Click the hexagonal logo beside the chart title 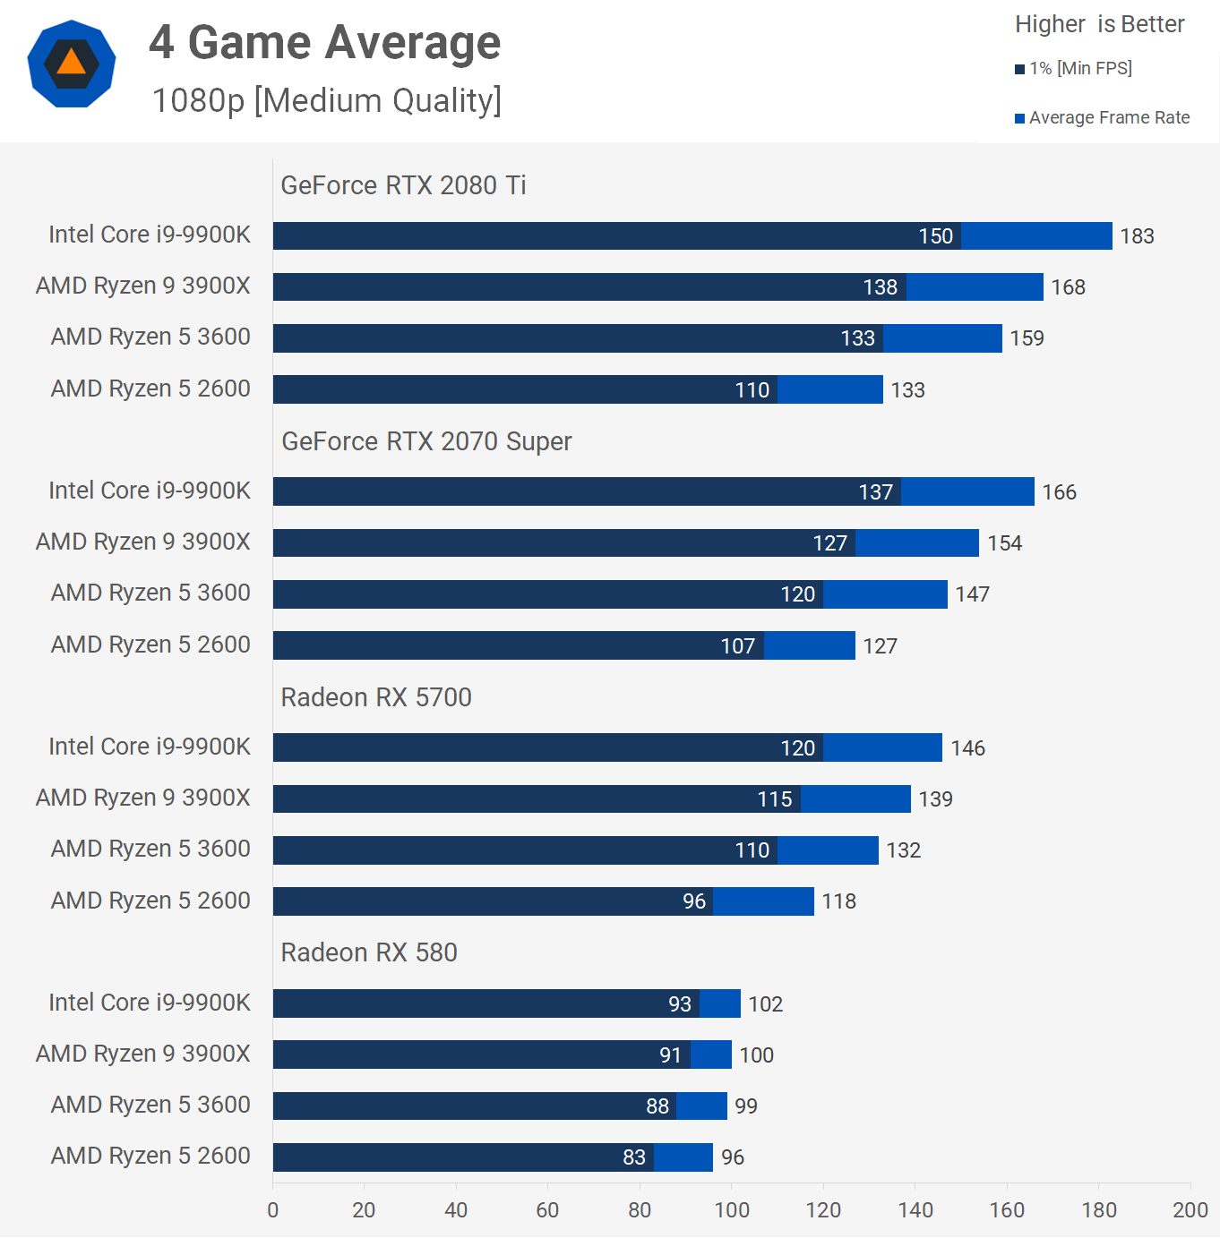(72, 64)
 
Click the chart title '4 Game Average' (324, 42)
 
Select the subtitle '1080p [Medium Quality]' (326, 100)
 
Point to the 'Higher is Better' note (1099, 24)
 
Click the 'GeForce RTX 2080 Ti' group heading (403, 185)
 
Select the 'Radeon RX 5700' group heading (376, 697)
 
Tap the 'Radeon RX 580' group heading (369, 952)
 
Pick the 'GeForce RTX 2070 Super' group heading (426, 441)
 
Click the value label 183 (1137, 236)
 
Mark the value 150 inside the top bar (935, 236)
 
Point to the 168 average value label (1068, 287)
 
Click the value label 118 (838, 901)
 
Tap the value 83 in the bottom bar (634, 1157)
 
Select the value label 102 (765, 1004)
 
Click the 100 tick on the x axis (732, 1210)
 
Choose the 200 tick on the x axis (1190, 1210)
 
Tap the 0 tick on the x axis (273, 1210)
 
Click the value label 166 (1059, 492)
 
